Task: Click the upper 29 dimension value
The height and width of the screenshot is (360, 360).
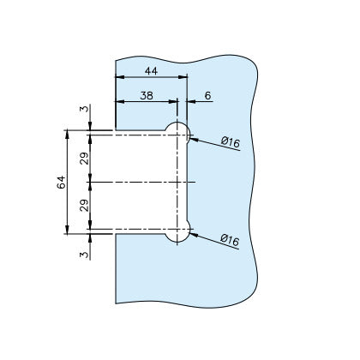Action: (x=84, y=157)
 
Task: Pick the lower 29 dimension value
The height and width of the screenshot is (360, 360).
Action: (x=84, y=207)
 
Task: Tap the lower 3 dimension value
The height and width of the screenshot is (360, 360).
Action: (x=84, y=255)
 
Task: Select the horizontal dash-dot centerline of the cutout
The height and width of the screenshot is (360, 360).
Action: (x=137, y=182)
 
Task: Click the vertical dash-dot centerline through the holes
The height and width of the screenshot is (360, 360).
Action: (x=177, y=182)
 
